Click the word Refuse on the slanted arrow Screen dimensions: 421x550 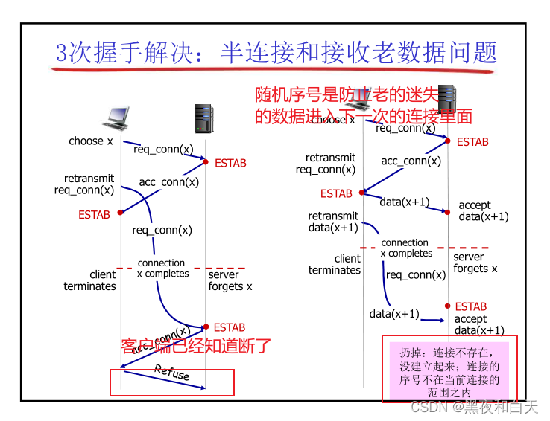tap(172, 372)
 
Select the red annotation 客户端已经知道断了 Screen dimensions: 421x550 tap(196, 346)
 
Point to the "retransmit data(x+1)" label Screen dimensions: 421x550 tap(333, 222)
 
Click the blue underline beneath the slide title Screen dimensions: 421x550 tap(272, 70)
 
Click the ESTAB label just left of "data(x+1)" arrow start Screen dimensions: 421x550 tap(336, 193)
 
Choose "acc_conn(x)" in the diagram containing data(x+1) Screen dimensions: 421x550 tap(411, 161)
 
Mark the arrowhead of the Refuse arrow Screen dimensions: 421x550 tap(202, 388)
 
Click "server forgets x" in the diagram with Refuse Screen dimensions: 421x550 tap(230, 280)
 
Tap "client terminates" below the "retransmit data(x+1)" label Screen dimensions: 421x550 tap(335, 264)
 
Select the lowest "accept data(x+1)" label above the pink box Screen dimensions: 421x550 tap(480, 325)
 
